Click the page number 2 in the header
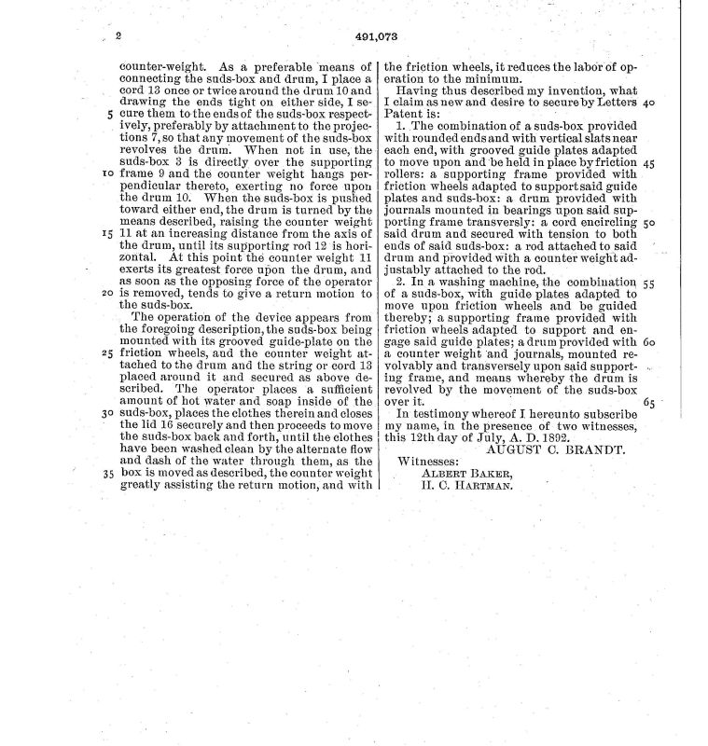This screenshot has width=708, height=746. [x=119, y=37]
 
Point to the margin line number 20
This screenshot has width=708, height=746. [x=108, y=291]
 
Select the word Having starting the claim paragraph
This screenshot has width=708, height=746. [x=418, y=91]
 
